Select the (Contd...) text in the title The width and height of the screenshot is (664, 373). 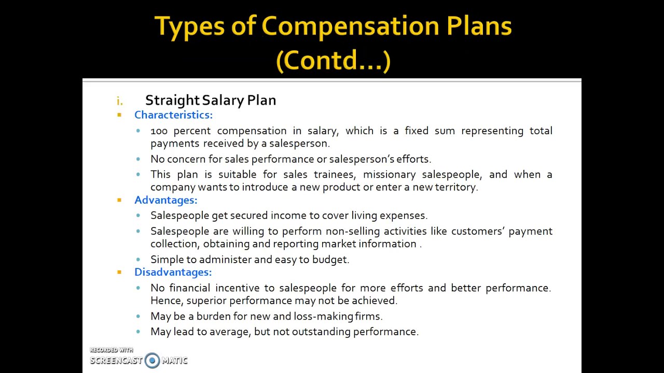(333, 60)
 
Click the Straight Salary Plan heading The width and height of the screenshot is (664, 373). (210, 100)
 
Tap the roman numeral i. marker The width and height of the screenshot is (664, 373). (120, 101)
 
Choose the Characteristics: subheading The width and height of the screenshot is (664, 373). (173, 115)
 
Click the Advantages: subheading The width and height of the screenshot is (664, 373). (165, 200)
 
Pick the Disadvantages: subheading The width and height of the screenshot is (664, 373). (173, 272)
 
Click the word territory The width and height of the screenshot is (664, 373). (457, 187)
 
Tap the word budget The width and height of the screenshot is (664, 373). (330, 260)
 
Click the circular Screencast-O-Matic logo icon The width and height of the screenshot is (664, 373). (152, 360)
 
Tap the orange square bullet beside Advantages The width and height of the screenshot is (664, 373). (119, 200)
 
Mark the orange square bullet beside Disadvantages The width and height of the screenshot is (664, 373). (119, 272)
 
